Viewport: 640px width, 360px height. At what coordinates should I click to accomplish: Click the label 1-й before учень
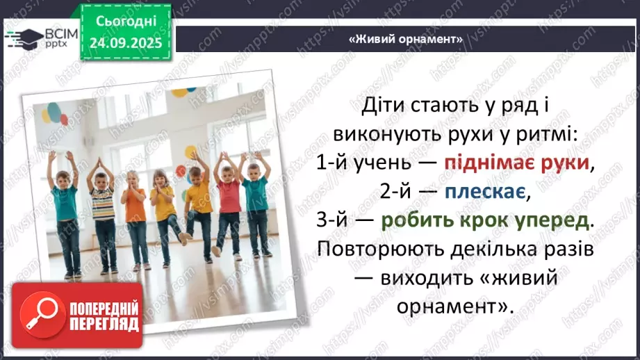coord(331,163)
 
